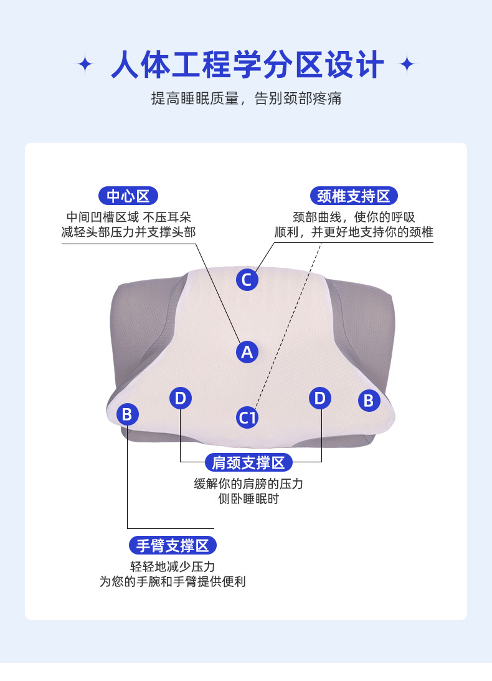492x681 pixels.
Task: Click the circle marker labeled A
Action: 247,352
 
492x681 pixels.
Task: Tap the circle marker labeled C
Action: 247,280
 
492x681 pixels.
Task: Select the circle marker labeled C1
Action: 247,417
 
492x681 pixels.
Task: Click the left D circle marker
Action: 180,398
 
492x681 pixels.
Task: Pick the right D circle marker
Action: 320,398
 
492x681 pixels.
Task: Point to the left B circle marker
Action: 127,414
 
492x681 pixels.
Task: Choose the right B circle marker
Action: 369,401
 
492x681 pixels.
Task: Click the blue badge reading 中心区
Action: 128,196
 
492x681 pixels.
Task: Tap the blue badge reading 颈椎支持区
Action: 353,196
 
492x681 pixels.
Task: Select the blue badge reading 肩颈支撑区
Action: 248,462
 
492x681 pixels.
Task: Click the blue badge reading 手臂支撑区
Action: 173,546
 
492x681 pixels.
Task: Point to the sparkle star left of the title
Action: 85,64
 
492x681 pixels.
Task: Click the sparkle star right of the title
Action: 407,64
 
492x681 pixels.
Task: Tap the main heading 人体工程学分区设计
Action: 247,65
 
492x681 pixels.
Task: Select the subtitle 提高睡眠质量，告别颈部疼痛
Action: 246,98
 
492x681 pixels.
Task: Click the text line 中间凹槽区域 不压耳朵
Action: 128,217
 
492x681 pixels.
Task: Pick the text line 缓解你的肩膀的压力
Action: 248,484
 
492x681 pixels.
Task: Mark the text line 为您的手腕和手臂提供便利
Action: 173,582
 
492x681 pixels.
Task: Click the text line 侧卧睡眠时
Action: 248,500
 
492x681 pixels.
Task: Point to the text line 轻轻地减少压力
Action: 173,566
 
